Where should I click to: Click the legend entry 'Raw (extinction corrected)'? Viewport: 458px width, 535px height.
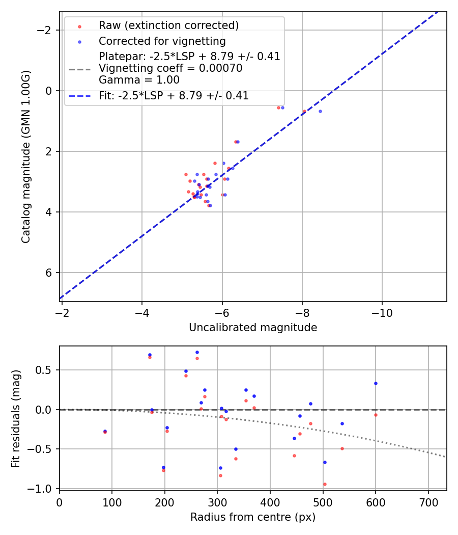pos(168,25)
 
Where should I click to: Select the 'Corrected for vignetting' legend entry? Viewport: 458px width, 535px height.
pos(162,41)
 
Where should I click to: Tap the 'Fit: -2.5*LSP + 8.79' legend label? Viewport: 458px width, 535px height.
pos(174,95)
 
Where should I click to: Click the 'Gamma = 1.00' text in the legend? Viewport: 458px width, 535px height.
pos(139,79)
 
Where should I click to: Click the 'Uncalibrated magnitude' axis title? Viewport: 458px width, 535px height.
pos(253,328)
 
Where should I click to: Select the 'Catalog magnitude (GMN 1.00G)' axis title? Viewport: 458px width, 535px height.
pos(26,157)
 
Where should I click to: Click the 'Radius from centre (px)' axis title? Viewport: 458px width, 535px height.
pos(253,517)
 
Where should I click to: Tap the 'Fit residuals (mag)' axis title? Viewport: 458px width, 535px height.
pos(16,418)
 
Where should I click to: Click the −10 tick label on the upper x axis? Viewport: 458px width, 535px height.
pos(382,312)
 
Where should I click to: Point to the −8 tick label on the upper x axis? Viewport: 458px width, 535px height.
pos(302,312)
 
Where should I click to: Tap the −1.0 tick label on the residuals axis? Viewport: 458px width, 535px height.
pos(43,489)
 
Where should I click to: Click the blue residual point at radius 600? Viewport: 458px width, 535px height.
pos(376,383)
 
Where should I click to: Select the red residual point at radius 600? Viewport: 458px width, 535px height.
pos(376,415)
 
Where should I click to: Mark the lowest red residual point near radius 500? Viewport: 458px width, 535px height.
pos(325,484)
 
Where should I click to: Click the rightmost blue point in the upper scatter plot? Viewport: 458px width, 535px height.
pos(320,111)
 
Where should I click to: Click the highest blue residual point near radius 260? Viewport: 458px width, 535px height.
pos(197,352)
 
